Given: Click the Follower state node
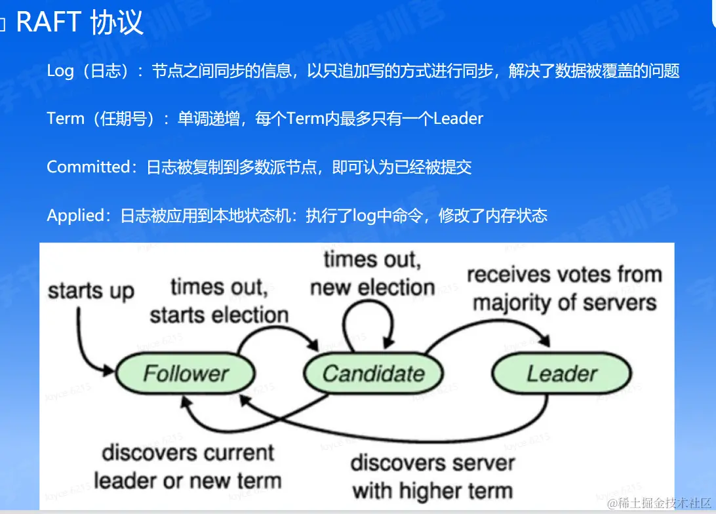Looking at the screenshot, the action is pos(186,374).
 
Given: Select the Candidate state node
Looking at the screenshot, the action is pos(373,374).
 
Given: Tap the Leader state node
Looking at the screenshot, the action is pos(562,374).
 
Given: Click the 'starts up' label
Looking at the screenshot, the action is pos(90,291).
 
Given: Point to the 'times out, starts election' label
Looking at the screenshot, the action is pos(219,301).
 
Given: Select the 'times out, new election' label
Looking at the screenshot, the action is pos(372,273).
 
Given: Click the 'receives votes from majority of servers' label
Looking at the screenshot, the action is pos(565,288).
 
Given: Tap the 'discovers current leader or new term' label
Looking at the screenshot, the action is pos(188,466).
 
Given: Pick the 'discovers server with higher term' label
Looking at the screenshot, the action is pos(433,476).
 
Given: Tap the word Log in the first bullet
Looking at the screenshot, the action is pos(60,71).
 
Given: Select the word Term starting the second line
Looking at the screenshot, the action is pos(66,119).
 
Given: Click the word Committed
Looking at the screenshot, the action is pos(89,167).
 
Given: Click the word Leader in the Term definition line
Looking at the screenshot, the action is pos(458,119).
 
